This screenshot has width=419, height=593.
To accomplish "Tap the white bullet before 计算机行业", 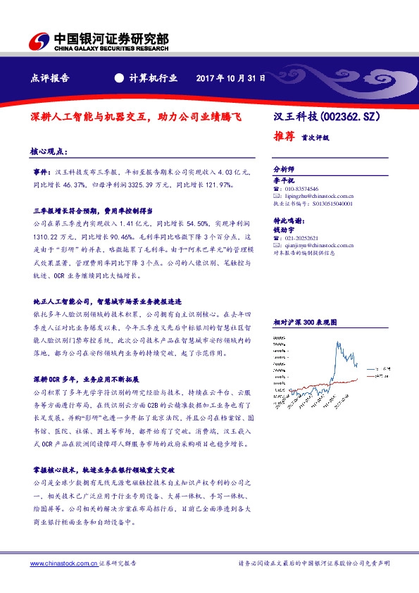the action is pyautogui.click(x=118, y=79).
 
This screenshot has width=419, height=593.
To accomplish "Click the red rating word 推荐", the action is pyautogui.click(x=283, y=137).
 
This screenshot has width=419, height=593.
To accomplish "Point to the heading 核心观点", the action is pyautogui.click(x=49, y=151).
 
